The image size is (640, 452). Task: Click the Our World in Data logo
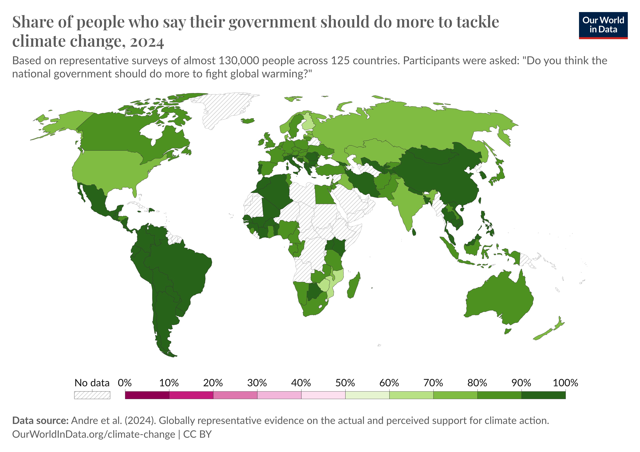[603, 25]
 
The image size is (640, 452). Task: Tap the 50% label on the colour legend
[345, 383]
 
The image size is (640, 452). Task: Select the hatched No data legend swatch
[92, 395]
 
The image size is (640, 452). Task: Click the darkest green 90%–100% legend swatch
[543, 395]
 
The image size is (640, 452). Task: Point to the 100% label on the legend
[565, 383]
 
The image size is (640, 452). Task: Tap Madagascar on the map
[354, 286]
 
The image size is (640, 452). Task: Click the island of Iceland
[248, 121]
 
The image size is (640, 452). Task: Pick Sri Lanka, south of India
[414, 232]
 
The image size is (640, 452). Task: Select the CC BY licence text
[197, 434]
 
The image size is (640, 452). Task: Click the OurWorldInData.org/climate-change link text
[93, 434]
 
